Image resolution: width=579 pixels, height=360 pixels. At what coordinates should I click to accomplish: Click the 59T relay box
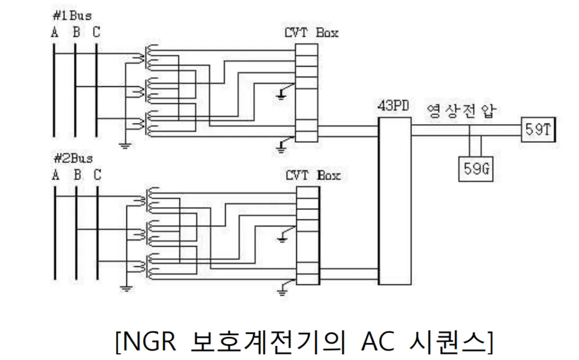(537, 130)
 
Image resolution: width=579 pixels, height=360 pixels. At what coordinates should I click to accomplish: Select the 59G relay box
(475, 169)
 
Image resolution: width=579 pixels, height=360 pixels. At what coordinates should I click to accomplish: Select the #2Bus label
(72, 158)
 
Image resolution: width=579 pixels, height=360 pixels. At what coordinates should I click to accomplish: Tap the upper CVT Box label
(312, 33)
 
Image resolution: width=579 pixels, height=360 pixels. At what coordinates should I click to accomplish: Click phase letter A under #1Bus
(55, 33)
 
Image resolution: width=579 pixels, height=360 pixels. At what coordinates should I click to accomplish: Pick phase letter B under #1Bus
(76, 33)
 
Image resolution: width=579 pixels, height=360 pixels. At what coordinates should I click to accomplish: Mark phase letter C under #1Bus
(97, 33)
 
